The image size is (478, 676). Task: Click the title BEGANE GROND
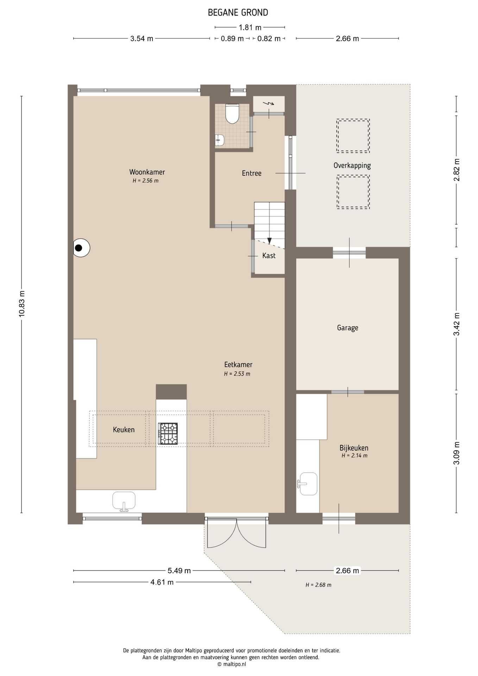(238, 13)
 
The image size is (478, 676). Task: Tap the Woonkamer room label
(147, 172)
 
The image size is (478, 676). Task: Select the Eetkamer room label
(238, 365)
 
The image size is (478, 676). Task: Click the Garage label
(347, 328)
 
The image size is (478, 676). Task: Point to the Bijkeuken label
(354, 448)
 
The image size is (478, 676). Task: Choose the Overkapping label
(352, 165)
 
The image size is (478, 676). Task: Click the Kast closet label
(269, 256)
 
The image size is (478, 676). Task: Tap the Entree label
(252, 173)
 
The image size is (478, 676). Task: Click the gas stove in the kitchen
(168, 434)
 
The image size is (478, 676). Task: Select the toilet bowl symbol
(232, 113)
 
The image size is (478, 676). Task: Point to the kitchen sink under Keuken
(124, 501)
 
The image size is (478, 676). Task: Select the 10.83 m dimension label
(22, 304)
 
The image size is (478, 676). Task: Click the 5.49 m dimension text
(179, 570)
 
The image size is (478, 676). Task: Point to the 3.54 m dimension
(142, 39)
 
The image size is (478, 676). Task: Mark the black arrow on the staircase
(269, 241)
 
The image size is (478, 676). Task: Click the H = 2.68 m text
(318, 585)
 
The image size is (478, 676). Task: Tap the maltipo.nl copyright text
(232, 664)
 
